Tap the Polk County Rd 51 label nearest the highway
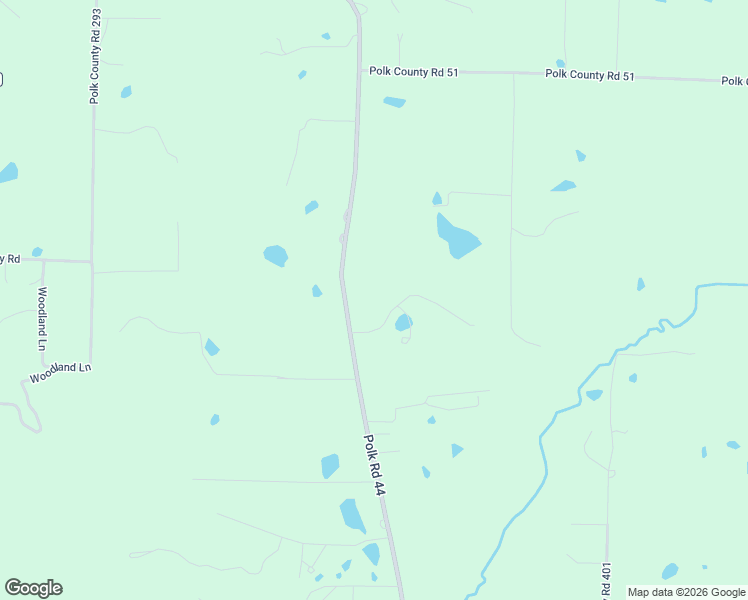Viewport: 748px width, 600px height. (x=413, y=72)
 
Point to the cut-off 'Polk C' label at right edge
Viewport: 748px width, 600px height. (x=733, y=80)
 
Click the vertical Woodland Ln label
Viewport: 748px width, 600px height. (x=43, y=318)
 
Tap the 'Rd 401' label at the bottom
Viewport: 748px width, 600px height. (x=606, y=581)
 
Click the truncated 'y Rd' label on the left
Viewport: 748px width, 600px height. (x=10, y=259)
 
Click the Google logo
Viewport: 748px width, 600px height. (x=33, y=588)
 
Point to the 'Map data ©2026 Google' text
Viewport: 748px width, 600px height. (x=685, y=592)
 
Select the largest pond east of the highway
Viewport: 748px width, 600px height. (x=457, y=236)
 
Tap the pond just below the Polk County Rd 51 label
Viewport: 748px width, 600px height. (x=395, y=101)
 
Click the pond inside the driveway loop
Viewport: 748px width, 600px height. (x=403, y=322)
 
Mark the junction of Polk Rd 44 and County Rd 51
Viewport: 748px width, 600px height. (x=360, y=71)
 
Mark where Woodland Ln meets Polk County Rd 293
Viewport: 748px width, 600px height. (x=90, y=365)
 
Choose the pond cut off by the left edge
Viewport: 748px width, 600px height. (x=7, y=172)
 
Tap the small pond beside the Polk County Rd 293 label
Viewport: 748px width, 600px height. (x=126, y=92)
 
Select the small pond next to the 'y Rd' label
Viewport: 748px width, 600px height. (x=37, y=252)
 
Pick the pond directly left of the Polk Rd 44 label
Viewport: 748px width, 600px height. (x=330, y=466)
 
